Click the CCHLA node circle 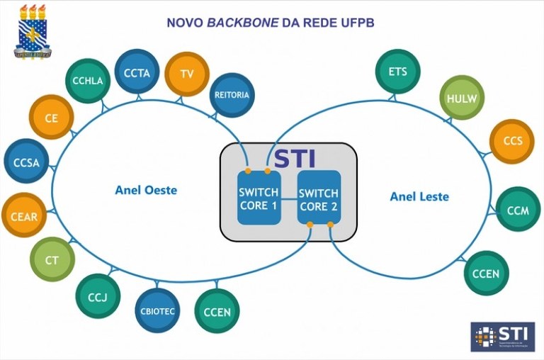coord(87,81)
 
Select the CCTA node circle coord(136,72)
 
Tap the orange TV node coord(187,74)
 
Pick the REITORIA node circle coord(232,95)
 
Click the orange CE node coord(51,118)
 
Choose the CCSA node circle coord(26,162)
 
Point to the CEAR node coord(24,216)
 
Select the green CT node coord(52,260)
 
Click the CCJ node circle coord(98,296)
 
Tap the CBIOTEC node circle coord(157,310)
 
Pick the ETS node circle coord(397,72)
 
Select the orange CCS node coord(512,140)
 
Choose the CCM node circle coord(518,210)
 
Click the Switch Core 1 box coord(258,198)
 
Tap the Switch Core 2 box coord(319,198)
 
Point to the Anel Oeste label coord(146,190)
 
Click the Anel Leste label coord(419,196)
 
